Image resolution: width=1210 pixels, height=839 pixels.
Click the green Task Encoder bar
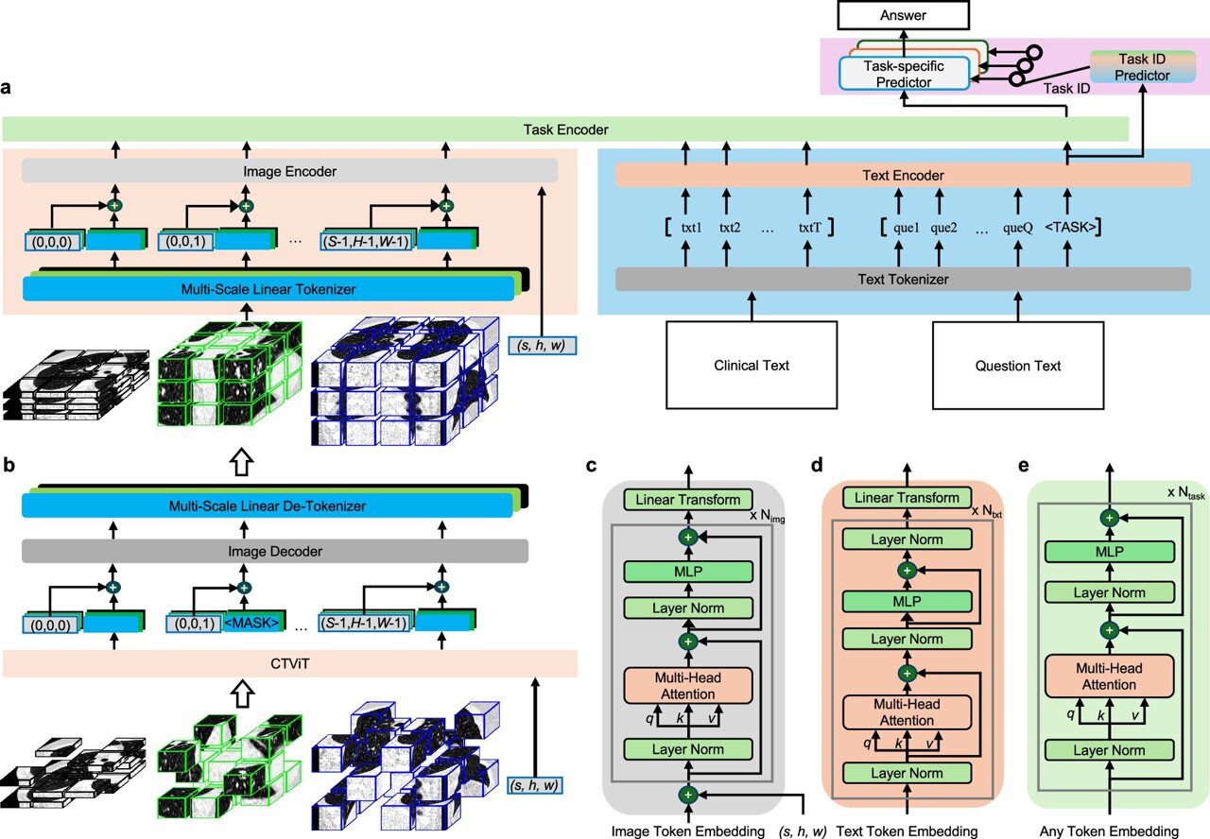pos(566,129)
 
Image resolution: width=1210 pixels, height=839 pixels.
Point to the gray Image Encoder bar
pos(289,171)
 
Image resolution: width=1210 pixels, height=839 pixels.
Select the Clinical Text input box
pos(752,366)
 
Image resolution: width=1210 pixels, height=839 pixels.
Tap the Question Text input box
pos(1018,366)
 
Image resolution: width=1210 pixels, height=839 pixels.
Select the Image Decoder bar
pos(266,552)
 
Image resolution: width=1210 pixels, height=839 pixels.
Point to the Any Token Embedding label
pos(1109,830)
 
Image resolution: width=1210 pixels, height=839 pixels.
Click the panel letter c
pos(591,465)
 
